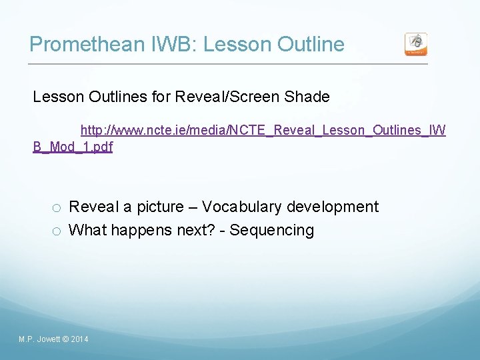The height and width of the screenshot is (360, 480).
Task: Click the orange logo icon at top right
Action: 416,44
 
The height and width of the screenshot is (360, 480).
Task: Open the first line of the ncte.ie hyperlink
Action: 263,129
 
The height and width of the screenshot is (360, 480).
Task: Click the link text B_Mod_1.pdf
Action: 73,147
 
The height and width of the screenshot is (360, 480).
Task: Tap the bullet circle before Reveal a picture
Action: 57,207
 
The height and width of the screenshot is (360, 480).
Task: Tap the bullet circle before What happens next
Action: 57,231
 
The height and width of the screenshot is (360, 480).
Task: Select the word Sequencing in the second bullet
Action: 272,230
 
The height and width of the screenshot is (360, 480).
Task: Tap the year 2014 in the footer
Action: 79,340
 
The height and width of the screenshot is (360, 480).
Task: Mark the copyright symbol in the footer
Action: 65,340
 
